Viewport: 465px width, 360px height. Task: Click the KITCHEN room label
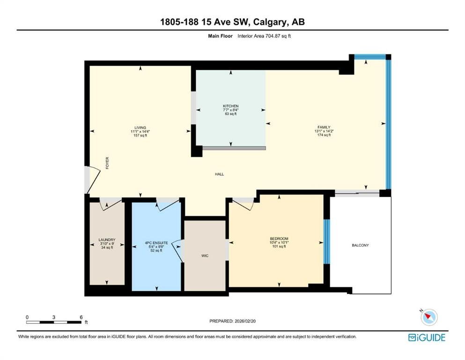[x=231, y=106]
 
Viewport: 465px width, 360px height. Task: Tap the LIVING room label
[x=140, y=127]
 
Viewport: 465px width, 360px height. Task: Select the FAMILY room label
[x=324, y=127]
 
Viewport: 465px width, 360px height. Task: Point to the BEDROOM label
[x=279, y=239]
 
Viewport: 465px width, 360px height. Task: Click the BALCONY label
[x=360, y=245]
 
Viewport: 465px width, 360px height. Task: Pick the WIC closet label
[x=205, y=255]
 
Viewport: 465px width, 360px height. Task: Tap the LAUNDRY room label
[x=107, y=240]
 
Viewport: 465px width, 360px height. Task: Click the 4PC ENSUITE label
[x=156, y=243]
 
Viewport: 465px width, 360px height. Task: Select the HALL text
[x=220, y=174]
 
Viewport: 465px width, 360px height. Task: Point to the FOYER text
[x=107, y=163]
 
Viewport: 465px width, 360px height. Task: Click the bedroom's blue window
[x=326, y=241]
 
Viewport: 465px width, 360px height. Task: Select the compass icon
[x=429, y=317]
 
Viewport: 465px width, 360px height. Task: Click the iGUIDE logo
[x=427, y=337]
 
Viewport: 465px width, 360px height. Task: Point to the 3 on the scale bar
[x=54, y=317]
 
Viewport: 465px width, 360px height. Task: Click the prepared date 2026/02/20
[x=245, y=321]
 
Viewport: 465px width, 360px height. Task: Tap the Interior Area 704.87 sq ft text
[x=264, y=36]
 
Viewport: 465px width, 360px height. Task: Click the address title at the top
[x=232, y=22]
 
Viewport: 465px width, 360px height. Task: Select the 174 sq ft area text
[x=324, y=135]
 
